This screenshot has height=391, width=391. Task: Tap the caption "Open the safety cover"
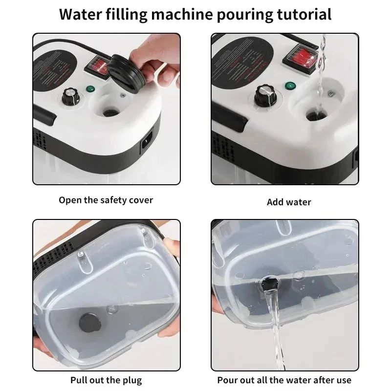pos(106,200)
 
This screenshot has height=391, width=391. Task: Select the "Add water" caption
pos(289,202)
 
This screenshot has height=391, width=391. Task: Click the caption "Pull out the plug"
pos(106,380)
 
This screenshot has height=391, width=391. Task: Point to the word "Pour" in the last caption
pos(228,380)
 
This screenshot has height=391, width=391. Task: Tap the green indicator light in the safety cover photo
pos(90,89)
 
